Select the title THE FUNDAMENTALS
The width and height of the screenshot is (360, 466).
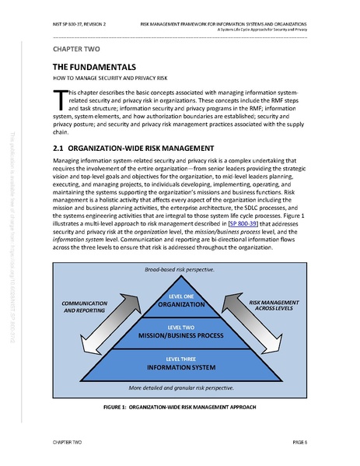pos(90,67)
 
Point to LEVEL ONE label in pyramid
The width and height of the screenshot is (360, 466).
pos(180,296)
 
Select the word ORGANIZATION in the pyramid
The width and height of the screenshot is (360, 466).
pos(180,305)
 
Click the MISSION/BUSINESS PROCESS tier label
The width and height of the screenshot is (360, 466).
pos(180,336)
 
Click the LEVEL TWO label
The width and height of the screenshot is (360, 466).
pos(180,327)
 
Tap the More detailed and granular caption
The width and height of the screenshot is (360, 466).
pos(180,387)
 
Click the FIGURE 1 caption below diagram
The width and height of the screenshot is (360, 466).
pos(180,407)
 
